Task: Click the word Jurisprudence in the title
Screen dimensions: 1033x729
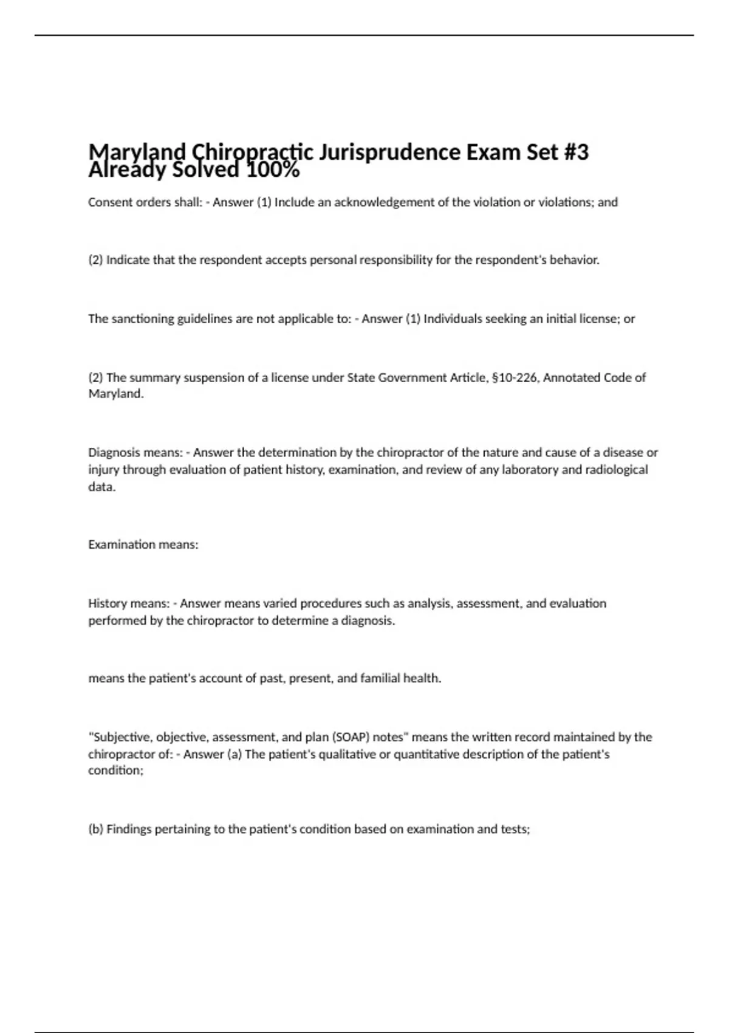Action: coord(389,152)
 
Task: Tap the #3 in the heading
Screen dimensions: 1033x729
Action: coord(574,152)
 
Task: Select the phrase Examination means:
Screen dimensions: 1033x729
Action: coord(143,544)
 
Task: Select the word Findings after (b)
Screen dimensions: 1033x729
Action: coord(129,829)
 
